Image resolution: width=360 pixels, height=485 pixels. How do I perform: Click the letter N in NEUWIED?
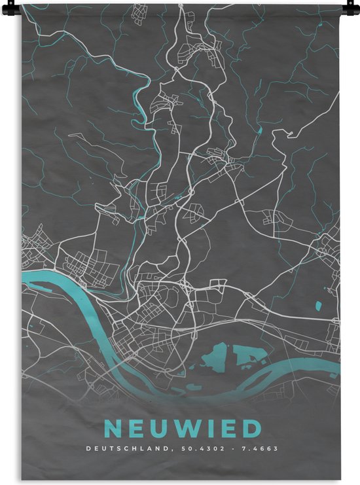(113, 430)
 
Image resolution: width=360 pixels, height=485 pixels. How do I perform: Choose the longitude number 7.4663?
(261, 450)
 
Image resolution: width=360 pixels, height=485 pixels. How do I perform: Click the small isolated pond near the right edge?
(318, 305)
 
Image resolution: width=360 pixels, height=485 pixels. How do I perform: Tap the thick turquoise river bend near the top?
(138, 105)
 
